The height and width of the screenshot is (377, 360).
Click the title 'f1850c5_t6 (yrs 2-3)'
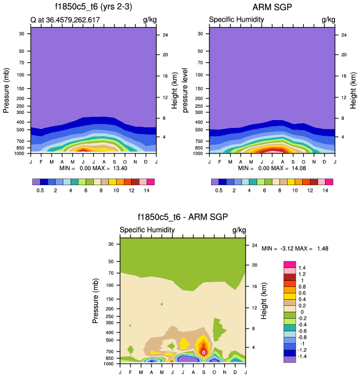click(93, 7)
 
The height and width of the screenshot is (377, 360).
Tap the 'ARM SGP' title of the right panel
click(272, 7)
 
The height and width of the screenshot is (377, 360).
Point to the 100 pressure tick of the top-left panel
click(22, 75)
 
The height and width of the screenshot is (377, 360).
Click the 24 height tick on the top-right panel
click(343, 35)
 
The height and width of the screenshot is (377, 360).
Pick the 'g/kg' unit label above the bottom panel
click(239, 230)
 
